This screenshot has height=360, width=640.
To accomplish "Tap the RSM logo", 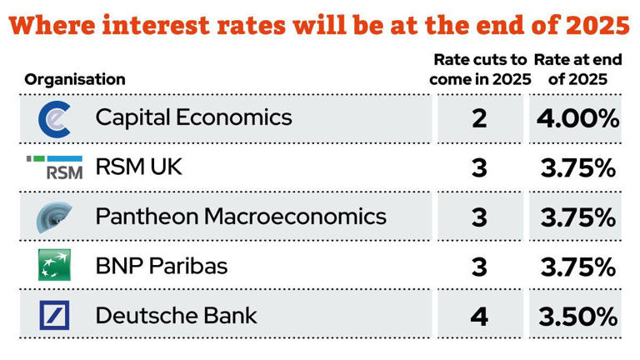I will click(x=55, y=167).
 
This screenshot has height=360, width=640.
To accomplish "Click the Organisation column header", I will click(x=75, y=80).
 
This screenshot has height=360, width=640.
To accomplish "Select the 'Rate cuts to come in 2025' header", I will click(x=479, y=70).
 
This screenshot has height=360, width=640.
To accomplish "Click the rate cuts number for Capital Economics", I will click(x=479, y=118).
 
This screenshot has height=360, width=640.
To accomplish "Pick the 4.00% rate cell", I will click(x=577, y=118).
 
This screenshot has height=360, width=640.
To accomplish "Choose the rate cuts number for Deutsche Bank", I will click(x=479, y=317).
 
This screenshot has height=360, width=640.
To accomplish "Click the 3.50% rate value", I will click(x=577, y=317).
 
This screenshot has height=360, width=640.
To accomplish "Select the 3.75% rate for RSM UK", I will click(x=577, y=168).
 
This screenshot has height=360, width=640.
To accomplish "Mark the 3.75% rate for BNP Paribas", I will click(x=577, y=267).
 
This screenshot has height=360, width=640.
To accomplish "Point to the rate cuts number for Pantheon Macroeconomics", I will click(x=479, y=218).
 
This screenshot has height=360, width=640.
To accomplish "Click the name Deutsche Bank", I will click(x=177, y=316).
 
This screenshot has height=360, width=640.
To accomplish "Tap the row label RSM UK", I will click(x=138, y=167).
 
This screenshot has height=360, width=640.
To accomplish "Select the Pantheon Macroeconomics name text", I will click(x=241, y=217).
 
